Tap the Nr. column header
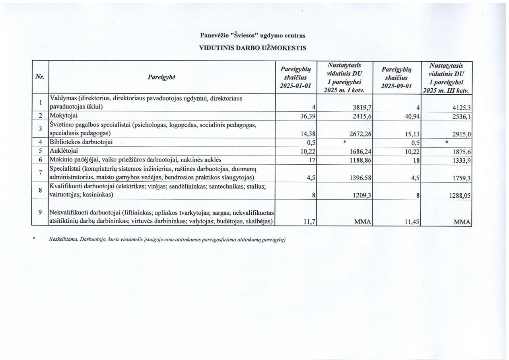click(x=40, y=77)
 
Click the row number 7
click(x=40, y=173)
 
